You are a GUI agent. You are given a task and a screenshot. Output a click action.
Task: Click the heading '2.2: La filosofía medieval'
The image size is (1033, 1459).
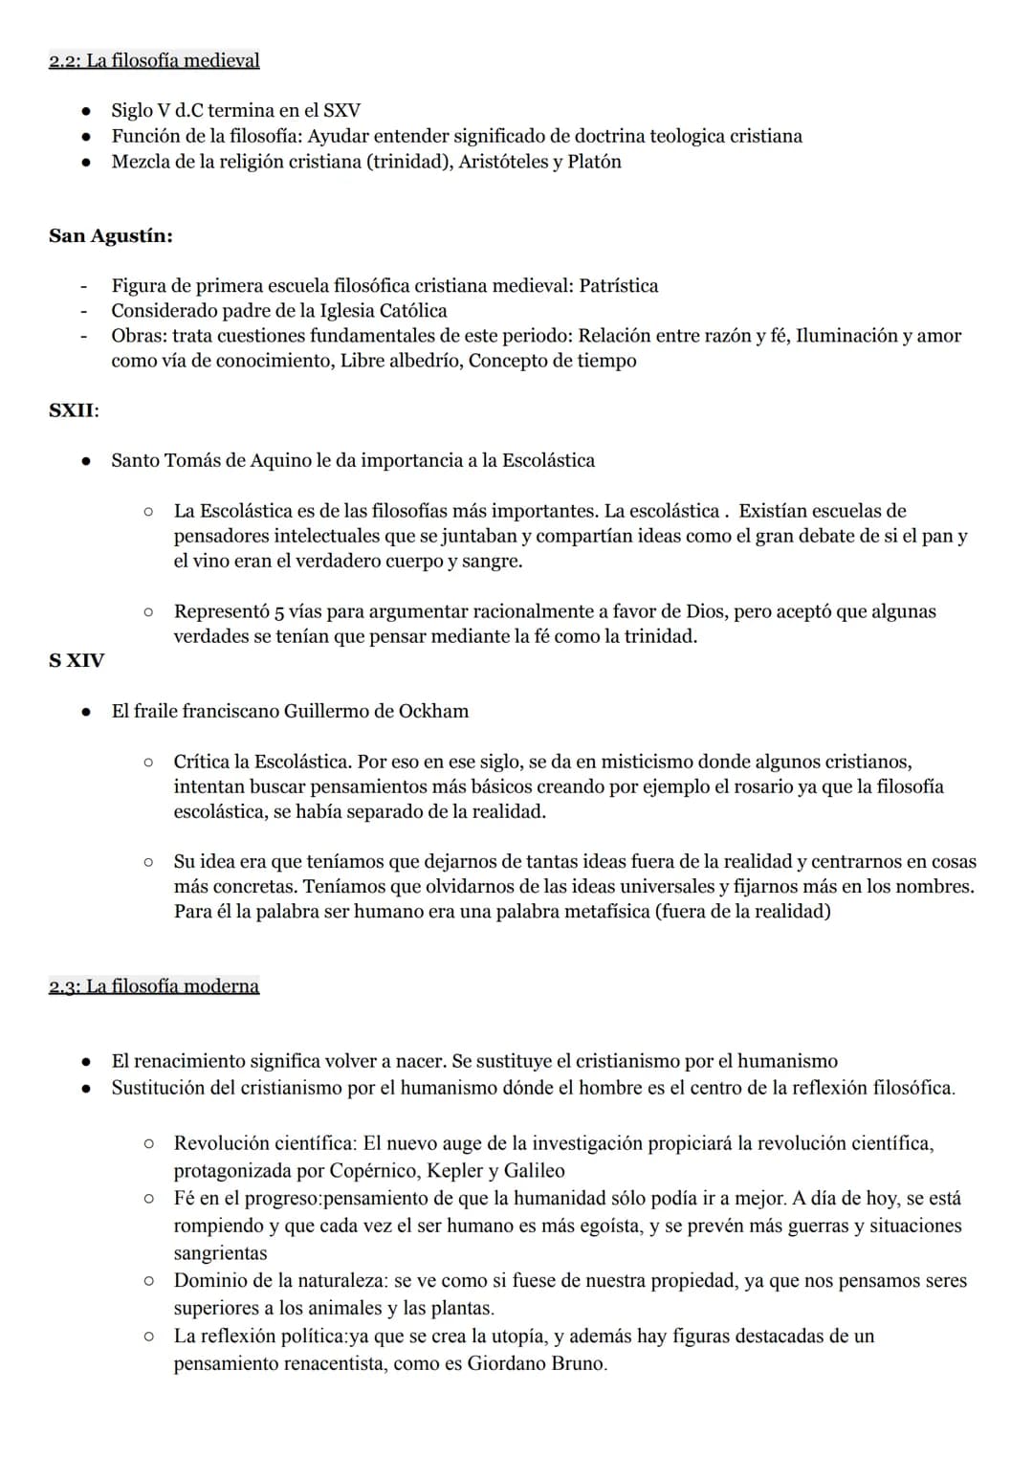(154, 61)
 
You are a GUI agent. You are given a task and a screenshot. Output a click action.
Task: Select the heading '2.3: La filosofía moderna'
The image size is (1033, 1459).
(154, 986)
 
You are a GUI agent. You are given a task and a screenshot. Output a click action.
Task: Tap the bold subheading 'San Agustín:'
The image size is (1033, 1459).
(111, 236)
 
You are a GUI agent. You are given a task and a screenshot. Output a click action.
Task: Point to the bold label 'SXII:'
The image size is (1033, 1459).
(74, 410)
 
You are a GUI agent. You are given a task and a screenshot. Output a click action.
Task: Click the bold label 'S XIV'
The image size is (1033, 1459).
(77, 660)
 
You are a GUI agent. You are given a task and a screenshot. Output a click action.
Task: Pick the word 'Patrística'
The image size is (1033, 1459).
(619, 286)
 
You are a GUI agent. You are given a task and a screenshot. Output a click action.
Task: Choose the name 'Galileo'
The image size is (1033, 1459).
(534, 1171)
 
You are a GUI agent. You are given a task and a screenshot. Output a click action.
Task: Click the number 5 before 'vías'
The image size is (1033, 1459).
(279, 612)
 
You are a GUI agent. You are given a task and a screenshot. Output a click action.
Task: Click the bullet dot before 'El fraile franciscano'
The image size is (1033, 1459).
(86, 712)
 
